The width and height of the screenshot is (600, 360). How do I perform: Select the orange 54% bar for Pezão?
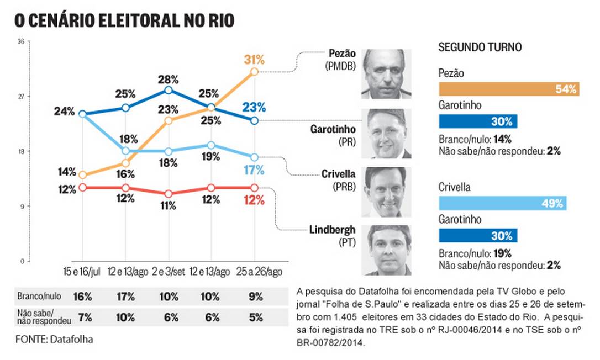point(508,88)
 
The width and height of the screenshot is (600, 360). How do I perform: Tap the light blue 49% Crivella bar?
point(502,203)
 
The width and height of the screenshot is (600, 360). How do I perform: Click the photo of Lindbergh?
point(387,250)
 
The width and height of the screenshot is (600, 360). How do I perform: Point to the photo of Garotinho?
point(387,133)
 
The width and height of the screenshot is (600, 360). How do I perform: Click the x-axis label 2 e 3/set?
point(168,271)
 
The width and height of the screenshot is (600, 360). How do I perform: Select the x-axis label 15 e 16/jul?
point(82,271)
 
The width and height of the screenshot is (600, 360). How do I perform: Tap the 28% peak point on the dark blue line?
point(169,90)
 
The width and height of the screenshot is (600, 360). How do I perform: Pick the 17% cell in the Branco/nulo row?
point(125,297)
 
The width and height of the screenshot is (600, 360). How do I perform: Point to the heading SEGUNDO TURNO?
point(480,47)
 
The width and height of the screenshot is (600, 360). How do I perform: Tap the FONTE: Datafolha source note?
point(54,339)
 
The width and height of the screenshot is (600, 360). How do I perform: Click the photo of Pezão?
point(387,75)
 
